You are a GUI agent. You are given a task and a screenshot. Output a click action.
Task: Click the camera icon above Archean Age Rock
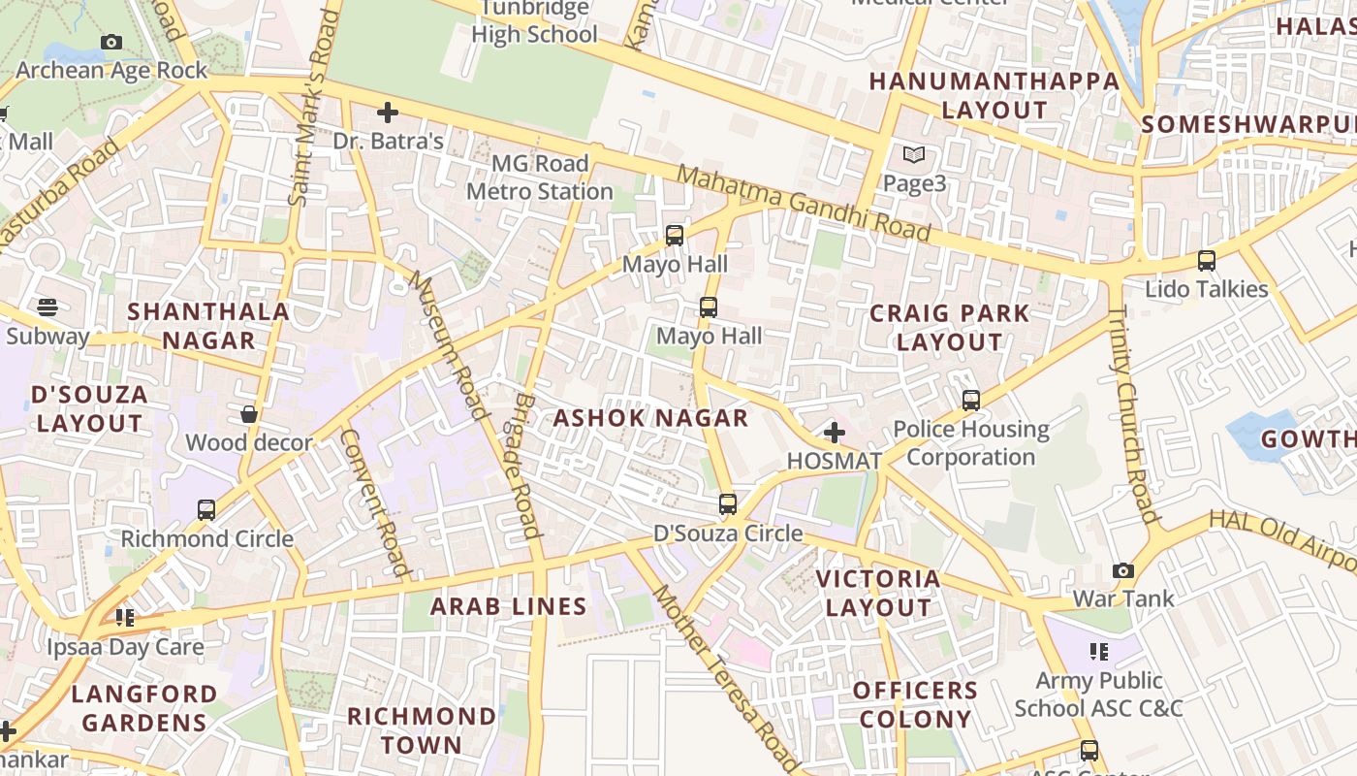pos(111,43)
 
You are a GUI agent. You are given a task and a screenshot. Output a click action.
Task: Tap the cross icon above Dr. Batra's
pos(388,113)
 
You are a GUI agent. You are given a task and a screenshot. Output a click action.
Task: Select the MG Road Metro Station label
pos(539,178)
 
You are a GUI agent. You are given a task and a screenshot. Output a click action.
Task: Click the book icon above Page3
pos(914,154)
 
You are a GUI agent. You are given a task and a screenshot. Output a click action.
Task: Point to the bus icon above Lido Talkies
pos(1207,261)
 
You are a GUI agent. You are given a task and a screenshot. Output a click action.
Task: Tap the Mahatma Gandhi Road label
pos(804,204)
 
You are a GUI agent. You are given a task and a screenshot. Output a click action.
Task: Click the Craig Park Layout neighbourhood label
pos(949,327)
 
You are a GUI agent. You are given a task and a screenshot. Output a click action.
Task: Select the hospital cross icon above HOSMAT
pos(835,433)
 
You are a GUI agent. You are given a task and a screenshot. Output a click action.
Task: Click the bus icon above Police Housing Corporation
pos(971,400)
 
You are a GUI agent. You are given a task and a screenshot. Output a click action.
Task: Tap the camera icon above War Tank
pos(1123,570)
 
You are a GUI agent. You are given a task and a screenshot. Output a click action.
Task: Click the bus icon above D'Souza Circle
pos(728,504)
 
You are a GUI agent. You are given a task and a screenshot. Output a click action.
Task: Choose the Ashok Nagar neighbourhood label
pos(650,418)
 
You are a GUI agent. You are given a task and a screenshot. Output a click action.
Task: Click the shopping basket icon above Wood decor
pos(249,414)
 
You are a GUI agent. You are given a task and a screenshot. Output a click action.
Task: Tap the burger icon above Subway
pos(47,307)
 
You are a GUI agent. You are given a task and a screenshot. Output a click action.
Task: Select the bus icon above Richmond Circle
pos(206,509)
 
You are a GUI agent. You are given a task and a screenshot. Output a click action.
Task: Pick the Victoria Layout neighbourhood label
pos(878,593)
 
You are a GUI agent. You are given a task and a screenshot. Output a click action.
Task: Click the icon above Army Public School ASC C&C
pos(1098,651)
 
